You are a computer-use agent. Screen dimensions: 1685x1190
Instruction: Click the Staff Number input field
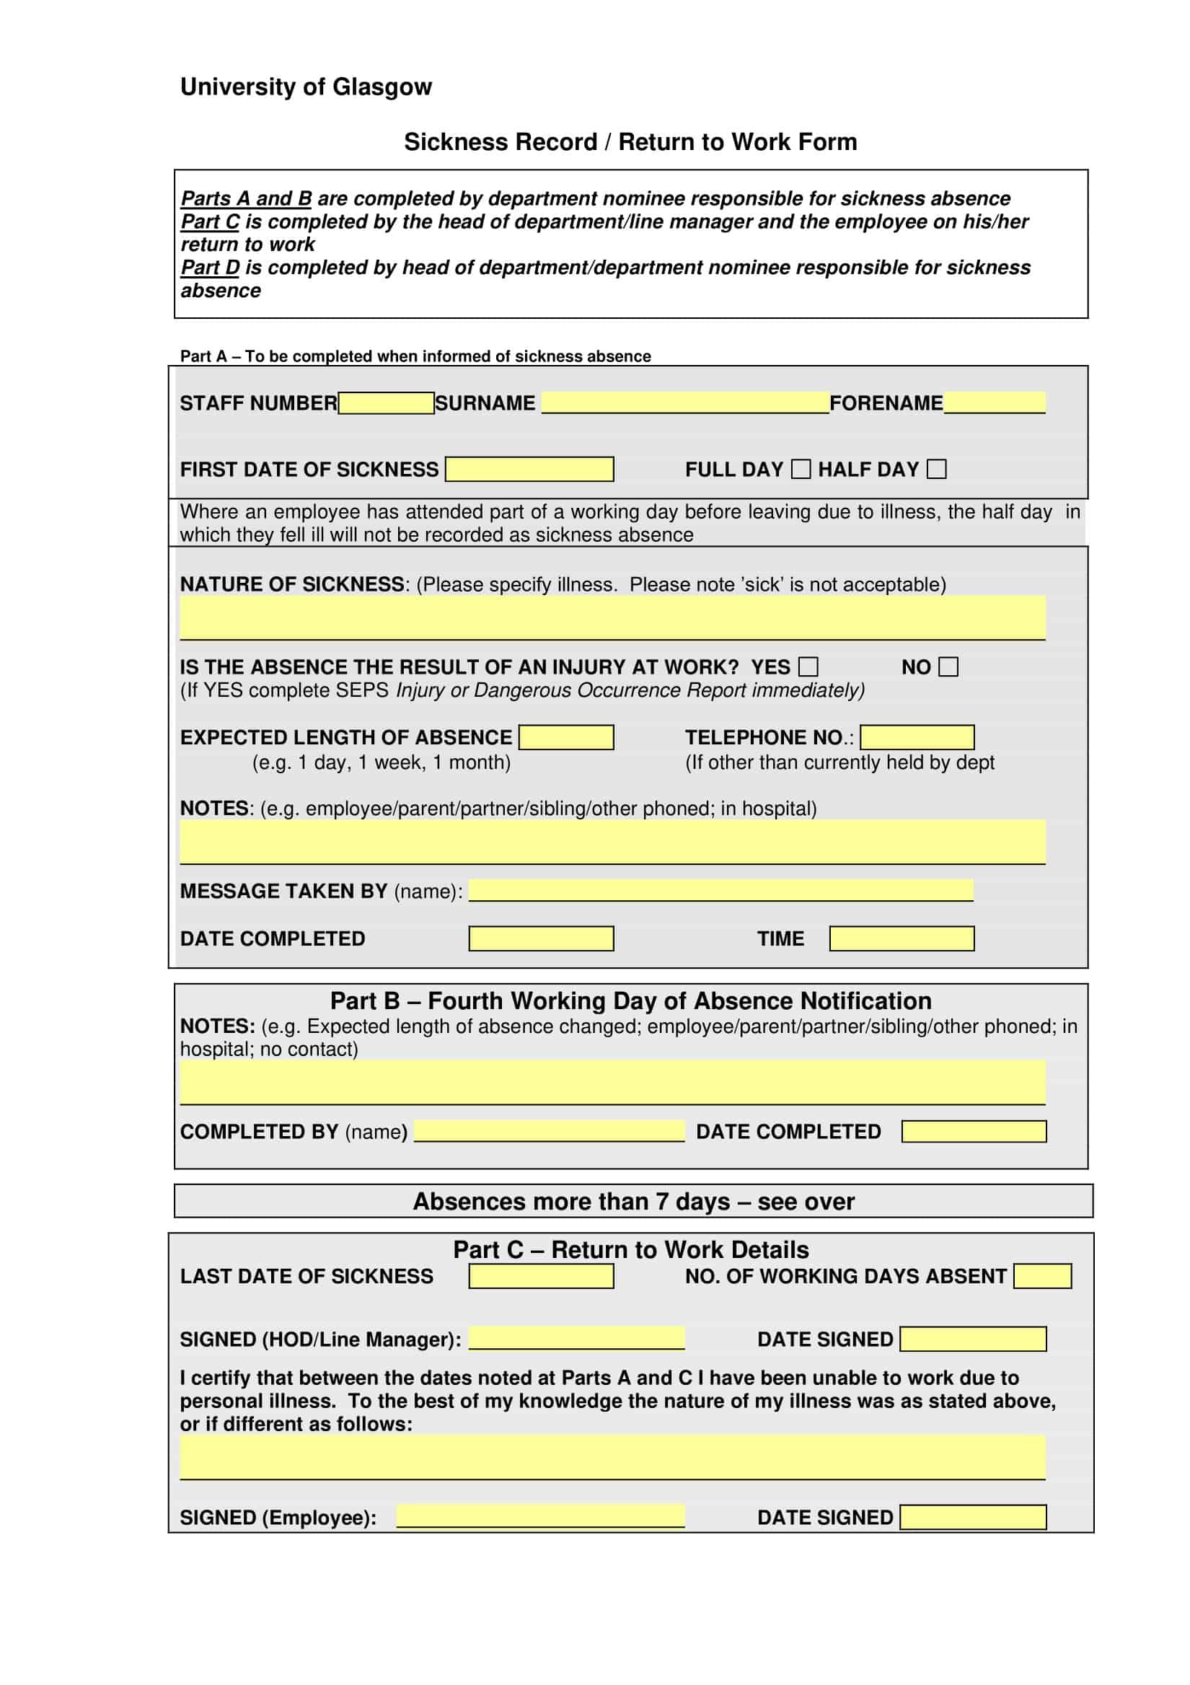point(386,403)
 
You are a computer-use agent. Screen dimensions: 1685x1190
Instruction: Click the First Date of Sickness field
point(529,469)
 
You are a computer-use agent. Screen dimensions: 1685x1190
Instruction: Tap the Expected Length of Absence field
point(565,738)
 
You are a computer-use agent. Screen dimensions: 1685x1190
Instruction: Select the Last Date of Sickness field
point(541,1276)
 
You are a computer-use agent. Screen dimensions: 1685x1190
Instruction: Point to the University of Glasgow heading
point(306,87)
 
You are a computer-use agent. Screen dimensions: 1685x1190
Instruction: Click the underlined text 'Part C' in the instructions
point(210,221)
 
